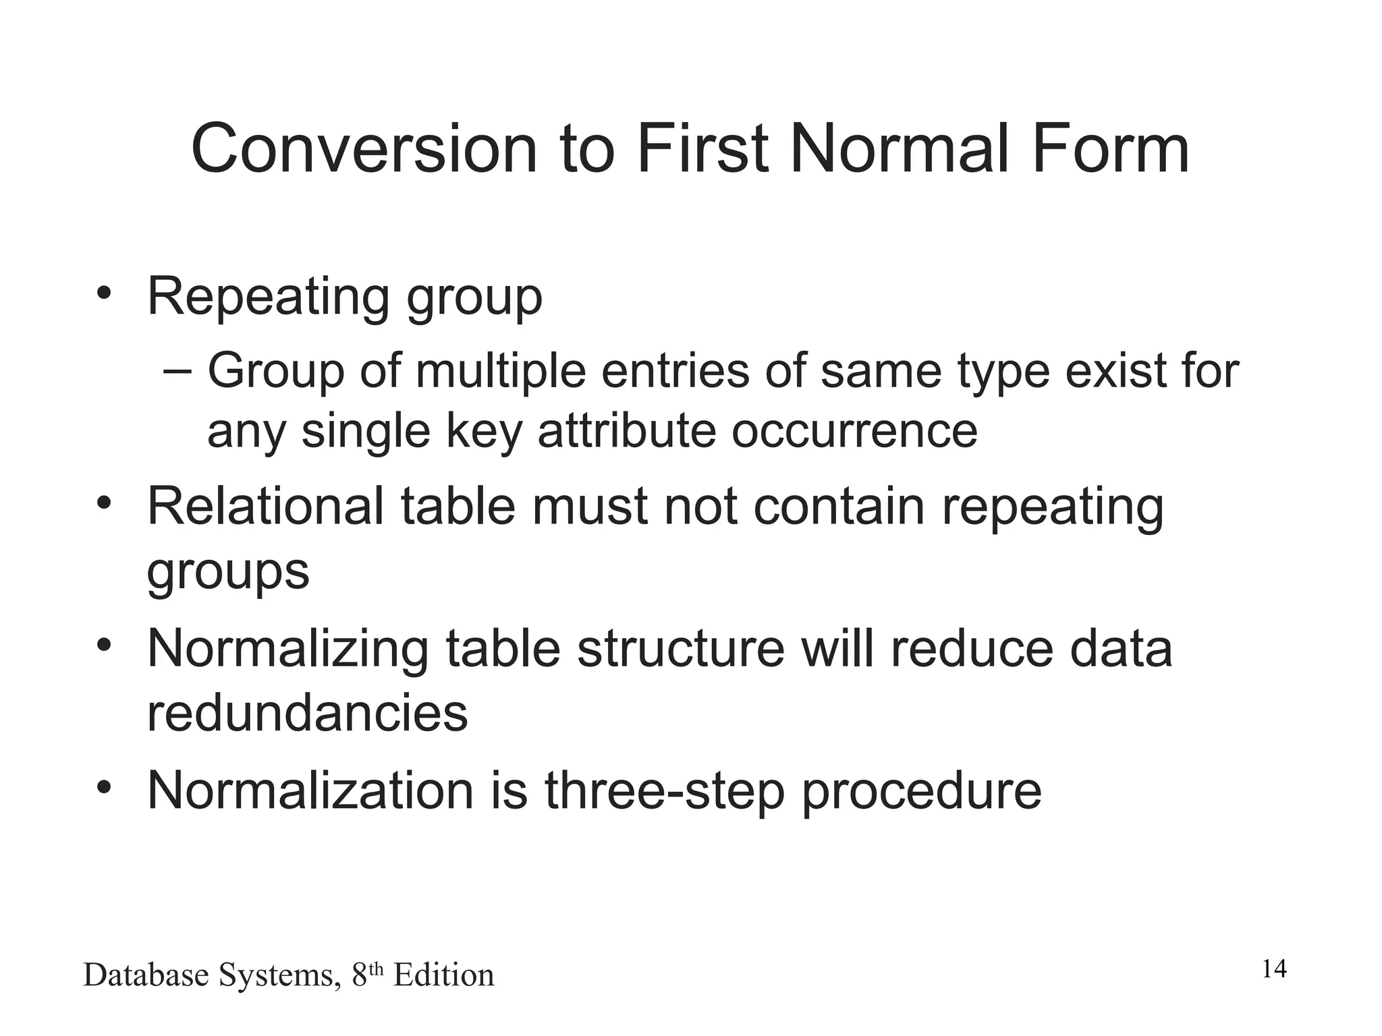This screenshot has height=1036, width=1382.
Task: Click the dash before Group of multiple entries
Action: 177,370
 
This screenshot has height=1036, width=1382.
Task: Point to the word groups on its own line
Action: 228,572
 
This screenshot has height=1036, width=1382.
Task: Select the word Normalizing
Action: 287,649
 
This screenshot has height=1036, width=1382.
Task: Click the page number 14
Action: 1274,969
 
